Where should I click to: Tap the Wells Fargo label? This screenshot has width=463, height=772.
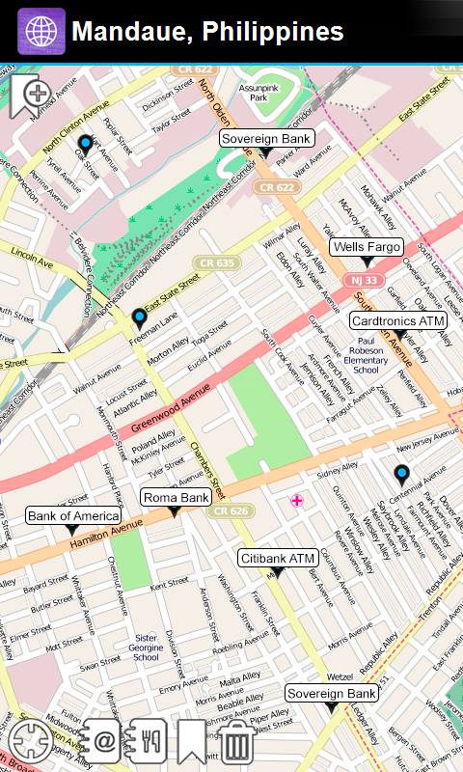tap(367, 247)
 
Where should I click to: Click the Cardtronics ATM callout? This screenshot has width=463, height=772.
tap(397, 319)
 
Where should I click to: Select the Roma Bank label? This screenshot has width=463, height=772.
tap(176, 497)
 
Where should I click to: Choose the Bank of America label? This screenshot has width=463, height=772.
tap(71, 516)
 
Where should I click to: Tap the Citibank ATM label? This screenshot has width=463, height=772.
tap(278, 558)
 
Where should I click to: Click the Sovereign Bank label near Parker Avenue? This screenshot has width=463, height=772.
tap(266, 139)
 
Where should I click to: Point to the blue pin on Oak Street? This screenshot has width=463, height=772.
tap(85, 145)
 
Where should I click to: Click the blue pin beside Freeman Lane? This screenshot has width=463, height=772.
tap(139, 317)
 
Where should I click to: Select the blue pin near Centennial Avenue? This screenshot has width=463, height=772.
tap(401, 473)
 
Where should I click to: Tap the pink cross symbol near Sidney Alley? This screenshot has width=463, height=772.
tap(297, 500)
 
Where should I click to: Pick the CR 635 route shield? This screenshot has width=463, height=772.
tap(216, 262)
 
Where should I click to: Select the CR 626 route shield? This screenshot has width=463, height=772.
tap(231, 510)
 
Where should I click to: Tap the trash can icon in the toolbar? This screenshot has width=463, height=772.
tap(237, 741)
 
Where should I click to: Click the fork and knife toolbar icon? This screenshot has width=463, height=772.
tap(148, 741)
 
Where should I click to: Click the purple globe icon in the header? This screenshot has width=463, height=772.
tap(41, 31)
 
